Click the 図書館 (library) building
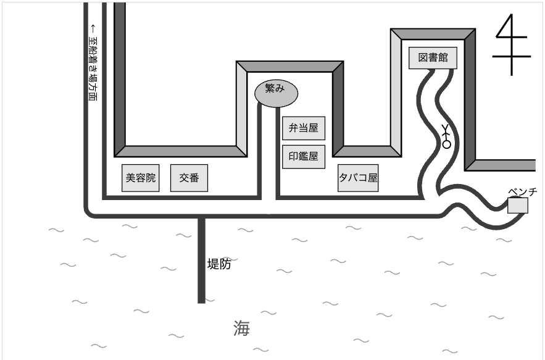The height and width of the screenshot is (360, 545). tap(433, 58)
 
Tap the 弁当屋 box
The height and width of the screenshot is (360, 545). tap(304, 128)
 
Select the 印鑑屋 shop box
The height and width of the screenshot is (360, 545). tap(304, 156)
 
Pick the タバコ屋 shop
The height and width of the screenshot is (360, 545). tap(358, 178)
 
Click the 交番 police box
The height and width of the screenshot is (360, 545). tap(189, 178)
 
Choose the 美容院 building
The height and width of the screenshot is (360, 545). tap(141, 178)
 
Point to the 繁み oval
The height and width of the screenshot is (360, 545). tap(277, 93)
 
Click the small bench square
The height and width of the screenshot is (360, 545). tap(518, 205)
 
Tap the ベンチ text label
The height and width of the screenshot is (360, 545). tap(522, 191)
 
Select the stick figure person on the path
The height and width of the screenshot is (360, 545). tap(446, 136)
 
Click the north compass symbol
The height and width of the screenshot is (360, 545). tap(511, 44)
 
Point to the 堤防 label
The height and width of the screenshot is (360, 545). tap(219, 264)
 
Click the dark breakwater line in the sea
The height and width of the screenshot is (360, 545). tap(201, 260)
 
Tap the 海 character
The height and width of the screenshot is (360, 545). tap(241, 329)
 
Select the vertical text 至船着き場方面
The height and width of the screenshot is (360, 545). tap(93, 69)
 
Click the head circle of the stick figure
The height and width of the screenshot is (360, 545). tap(446, 144)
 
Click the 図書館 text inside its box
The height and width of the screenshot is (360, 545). tap(433, 58)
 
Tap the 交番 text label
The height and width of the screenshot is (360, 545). tap(189, 178)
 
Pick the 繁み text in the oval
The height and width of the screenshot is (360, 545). tap(275, 88)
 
